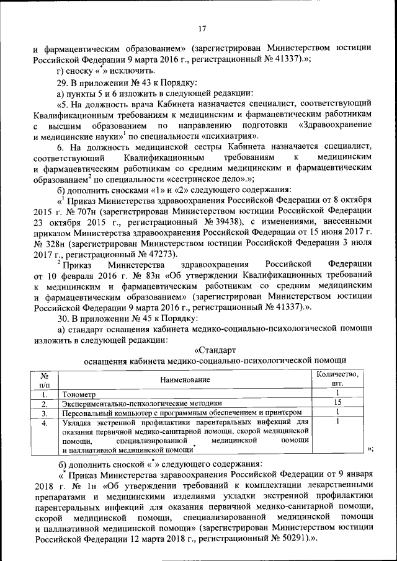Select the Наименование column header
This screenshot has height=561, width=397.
185,379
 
